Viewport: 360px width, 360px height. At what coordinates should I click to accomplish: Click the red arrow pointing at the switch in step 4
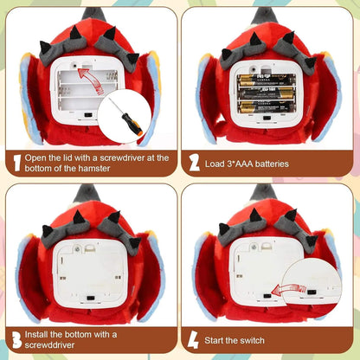[288, 289]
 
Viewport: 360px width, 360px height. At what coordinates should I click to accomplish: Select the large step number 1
[17, 163]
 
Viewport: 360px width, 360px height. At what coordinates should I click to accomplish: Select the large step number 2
[194, 163]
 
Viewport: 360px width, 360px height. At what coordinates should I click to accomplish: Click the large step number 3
[17, 339]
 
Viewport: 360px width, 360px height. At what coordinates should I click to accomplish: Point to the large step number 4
[193, 339]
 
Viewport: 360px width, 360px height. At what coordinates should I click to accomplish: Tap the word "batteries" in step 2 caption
[272, 164]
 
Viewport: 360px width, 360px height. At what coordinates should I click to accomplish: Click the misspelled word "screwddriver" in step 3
[49, 345]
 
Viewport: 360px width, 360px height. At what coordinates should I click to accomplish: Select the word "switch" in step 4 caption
[251, 340]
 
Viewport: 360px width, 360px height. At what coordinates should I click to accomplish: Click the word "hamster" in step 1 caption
[94, 168]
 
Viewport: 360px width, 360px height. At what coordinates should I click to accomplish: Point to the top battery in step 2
[266, 80]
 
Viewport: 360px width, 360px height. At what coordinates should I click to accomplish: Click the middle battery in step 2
[266, 93]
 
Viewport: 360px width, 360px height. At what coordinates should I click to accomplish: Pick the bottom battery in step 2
[266, 107]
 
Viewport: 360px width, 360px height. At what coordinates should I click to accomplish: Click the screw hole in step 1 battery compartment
[74, 65]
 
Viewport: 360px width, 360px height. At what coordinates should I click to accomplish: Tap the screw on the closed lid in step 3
[77, 247]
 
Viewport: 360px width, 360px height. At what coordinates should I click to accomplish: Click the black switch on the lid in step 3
[91, 298]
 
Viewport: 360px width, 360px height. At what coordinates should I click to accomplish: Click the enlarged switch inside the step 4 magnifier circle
[312, 292]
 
